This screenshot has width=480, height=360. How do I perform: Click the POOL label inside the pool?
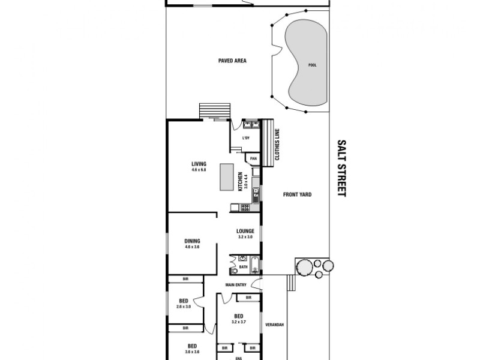(x=311, y=65)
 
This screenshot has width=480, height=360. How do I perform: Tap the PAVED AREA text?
(x=232, y=61)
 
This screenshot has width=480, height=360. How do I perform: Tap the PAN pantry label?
(x=253, y=158)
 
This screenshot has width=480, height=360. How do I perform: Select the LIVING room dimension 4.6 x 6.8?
(x=199, y=170)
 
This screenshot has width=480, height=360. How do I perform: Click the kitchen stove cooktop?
(x=244, y=208)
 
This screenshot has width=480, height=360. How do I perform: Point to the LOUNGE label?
(x=246, y=231)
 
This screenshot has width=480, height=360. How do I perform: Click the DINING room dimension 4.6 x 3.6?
(x=193, y=247)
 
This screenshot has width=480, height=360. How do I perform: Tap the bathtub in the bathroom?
(x=254, y=262)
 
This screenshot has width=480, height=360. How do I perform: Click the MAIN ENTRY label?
(x=236, y=284)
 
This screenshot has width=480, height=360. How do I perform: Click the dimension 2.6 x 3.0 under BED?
(x=184, y=307)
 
